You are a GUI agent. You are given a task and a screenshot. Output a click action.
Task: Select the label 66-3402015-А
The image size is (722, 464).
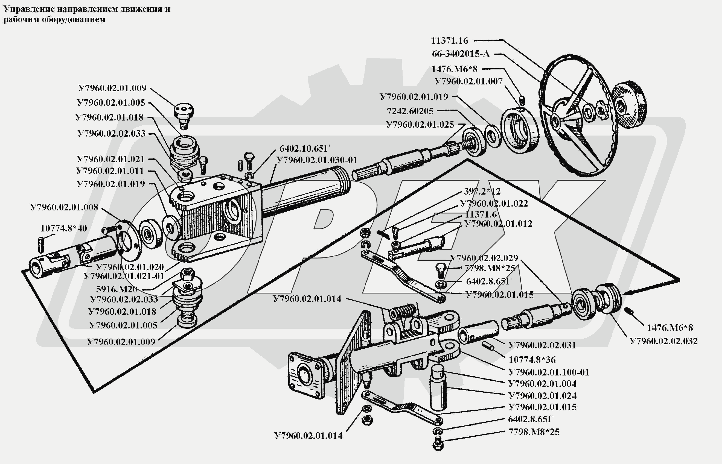click(461, 54)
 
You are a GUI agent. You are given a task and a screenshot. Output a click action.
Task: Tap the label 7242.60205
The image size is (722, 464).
click(410, 111)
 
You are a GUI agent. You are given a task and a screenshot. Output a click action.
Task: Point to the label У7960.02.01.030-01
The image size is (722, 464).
click(316, 160)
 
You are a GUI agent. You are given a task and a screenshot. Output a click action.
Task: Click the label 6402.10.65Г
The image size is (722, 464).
click(304, 149)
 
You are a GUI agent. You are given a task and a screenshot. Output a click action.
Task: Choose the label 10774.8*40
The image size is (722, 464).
click(64, 228)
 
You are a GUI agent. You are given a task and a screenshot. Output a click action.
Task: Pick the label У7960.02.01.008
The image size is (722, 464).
click(64, 207)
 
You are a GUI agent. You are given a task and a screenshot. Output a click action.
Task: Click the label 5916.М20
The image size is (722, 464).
click(116, 289)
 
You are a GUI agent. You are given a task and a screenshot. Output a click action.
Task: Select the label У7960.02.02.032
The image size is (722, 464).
click(663, 341)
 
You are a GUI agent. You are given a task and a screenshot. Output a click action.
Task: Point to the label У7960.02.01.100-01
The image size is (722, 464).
click(548, 372)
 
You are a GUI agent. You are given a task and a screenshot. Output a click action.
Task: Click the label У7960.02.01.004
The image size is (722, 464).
click(542, 384)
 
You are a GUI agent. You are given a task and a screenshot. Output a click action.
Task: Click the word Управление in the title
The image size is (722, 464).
click(29, 9)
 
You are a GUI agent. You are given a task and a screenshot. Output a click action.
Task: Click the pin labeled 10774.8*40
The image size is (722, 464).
click(41, 245)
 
